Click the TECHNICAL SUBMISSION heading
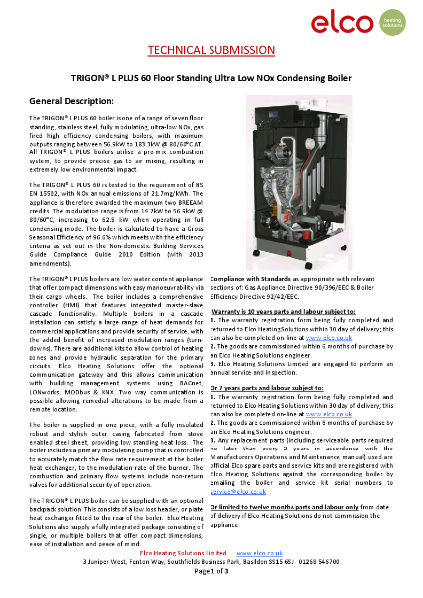click(x=211, y=50)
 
